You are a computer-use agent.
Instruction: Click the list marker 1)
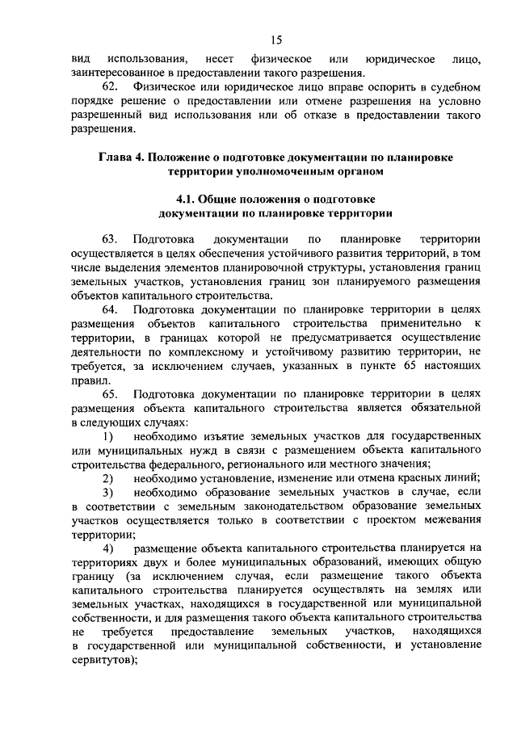(x=107, y=435)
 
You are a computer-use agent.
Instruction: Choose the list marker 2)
(x=107, y=477)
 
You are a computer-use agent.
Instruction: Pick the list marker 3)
(x=107, y=492)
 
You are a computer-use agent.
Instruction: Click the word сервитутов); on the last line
(x=104, y=660)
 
